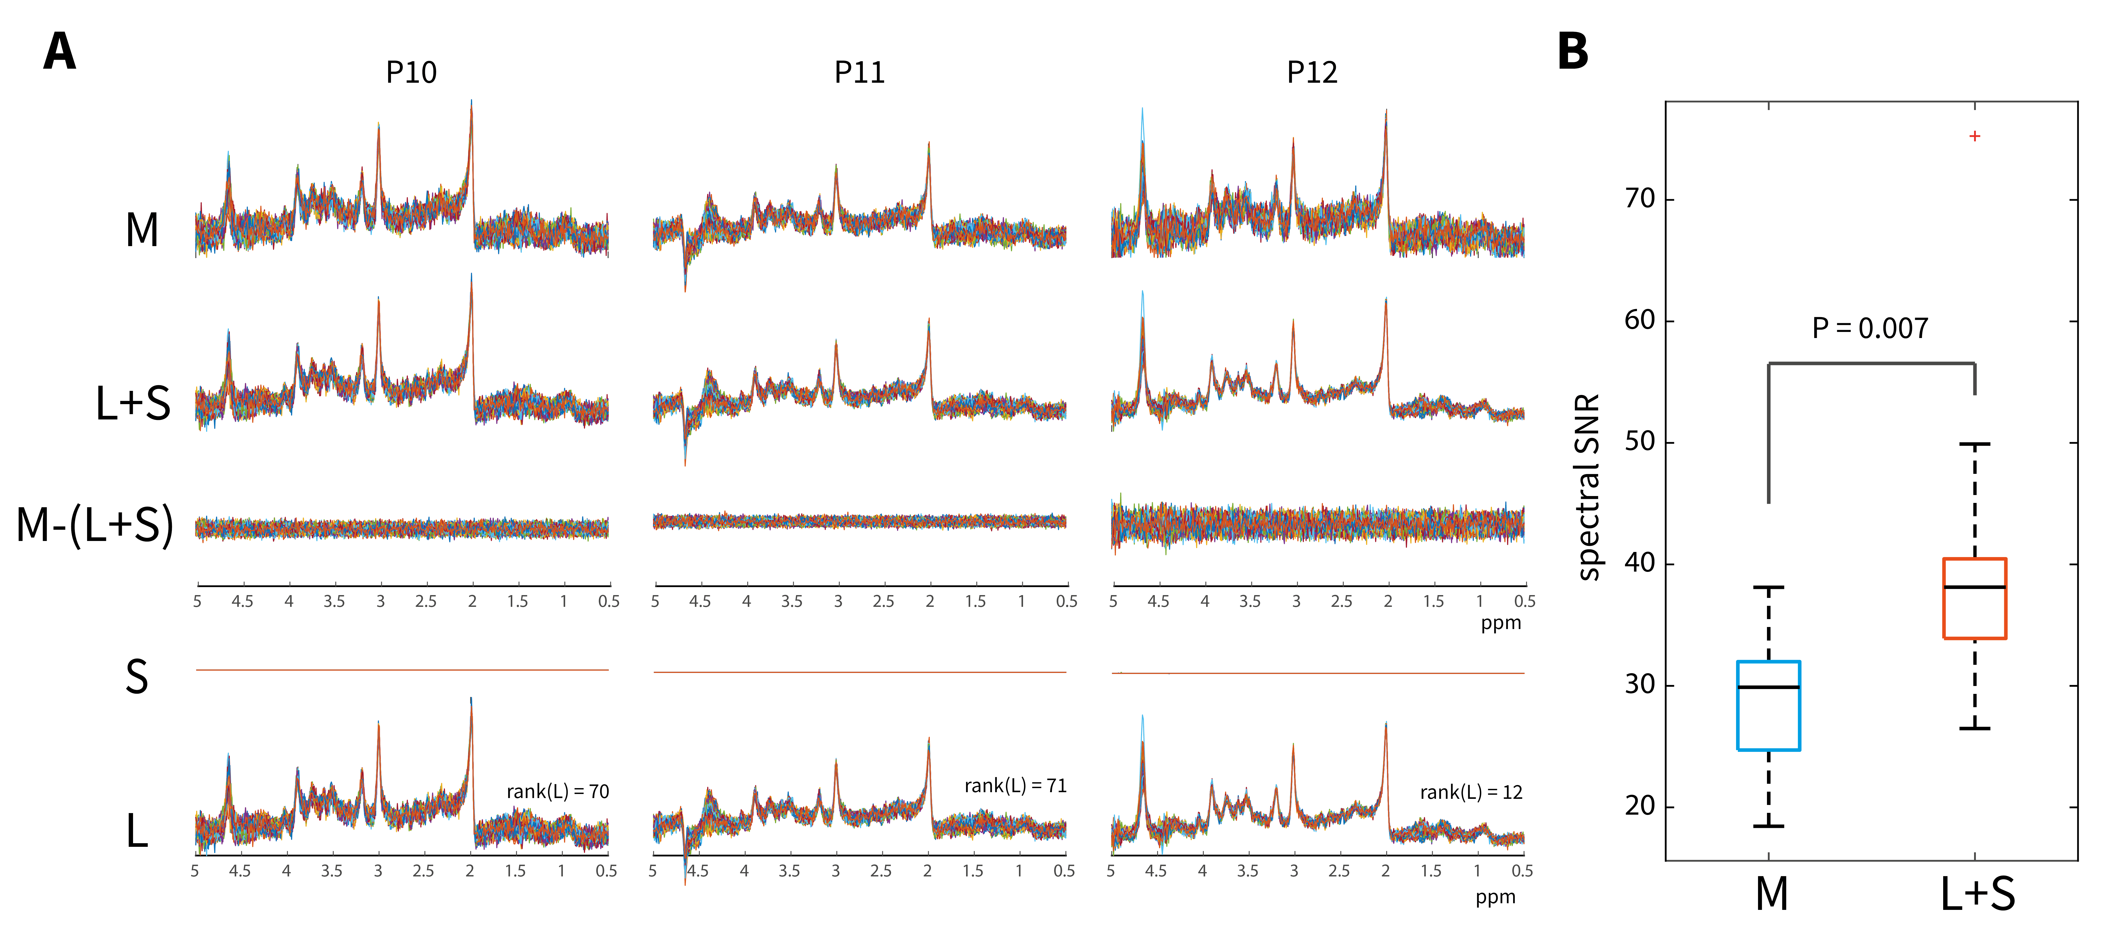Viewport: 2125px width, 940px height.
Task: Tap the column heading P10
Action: (411, 73)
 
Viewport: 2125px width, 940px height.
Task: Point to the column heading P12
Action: (1312, 73)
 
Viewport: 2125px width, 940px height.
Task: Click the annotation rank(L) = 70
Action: (558, 792)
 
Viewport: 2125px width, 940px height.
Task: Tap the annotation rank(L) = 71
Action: (1015, 786)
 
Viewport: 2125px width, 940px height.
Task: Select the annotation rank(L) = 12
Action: (1471, 792)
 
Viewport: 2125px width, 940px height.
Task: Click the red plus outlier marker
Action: (1974, 136)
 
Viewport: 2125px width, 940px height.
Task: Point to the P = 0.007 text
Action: (1869, 328)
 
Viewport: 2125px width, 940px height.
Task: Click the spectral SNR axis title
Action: (1588, 487)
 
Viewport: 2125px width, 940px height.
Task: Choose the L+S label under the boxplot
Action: (1977, 894)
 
